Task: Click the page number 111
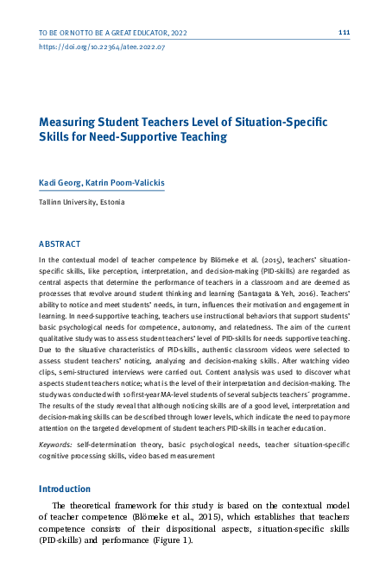pos(344,32)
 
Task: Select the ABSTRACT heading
pos(60,244)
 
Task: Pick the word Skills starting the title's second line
pos(54,136)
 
